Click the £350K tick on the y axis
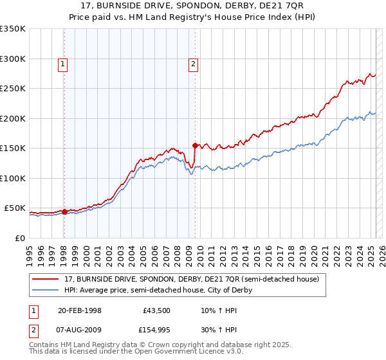click(13, 29)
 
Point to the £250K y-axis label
click(13, 89)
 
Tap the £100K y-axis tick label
click(13, 178)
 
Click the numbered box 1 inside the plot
click(63, 64)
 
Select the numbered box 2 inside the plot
click(192, 64)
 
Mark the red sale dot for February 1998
click(64, 212)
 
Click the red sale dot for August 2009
click(195, 145)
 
